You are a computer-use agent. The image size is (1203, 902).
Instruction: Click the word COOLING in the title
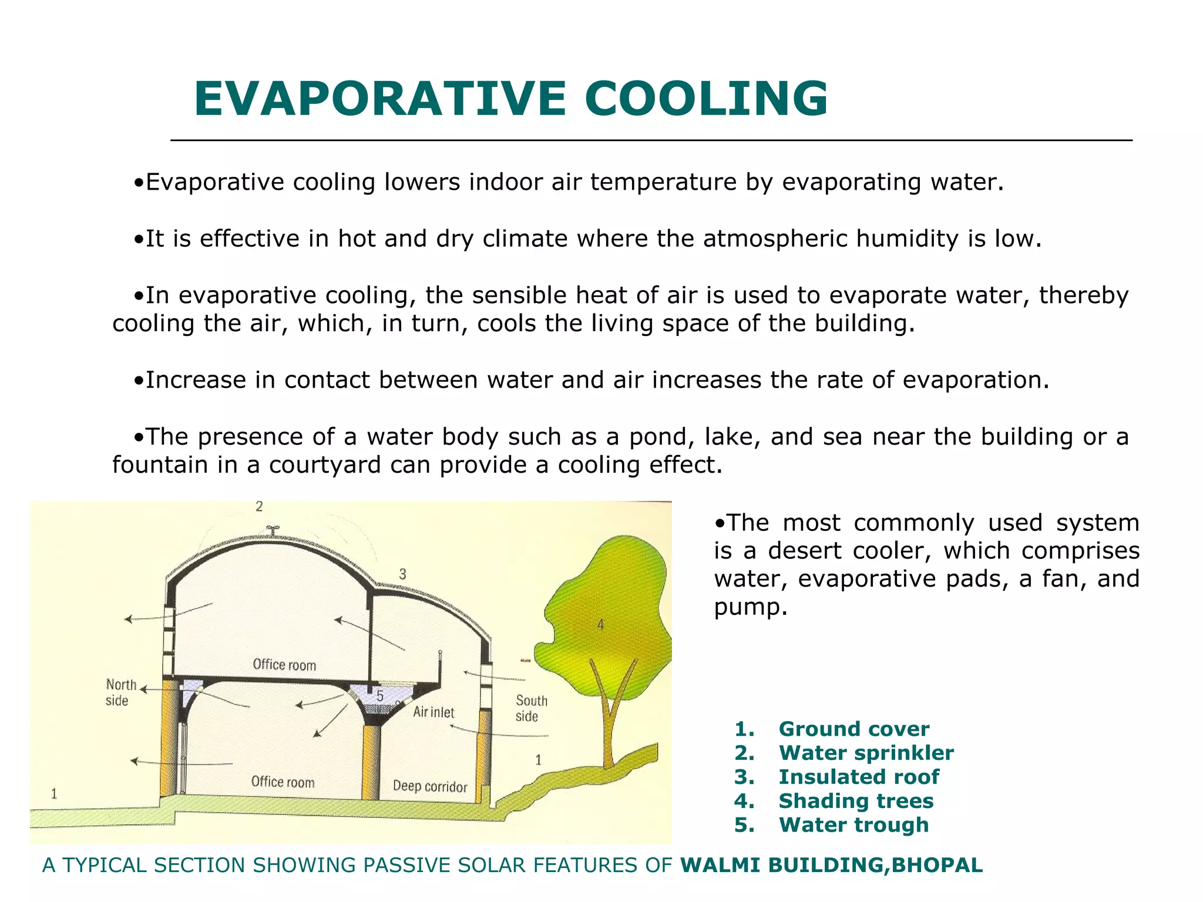coord(706,99)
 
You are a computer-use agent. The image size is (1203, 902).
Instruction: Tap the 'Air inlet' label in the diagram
coord(434,712)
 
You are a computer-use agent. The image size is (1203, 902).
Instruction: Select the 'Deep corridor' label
coord(430,786)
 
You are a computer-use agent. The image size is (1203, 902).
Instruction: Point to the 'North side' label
coord(120,692)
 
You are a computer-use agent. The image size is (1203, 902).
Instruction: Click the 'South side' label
coord(531,708)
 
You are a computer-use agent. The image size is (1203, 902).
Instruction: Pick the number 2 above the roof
coord(259,506)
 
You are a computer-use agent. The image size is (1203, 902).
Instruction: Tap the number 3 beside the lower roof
coord(402,574)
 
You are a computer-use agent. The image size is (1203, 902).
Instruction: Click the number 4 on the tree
coord(600,624)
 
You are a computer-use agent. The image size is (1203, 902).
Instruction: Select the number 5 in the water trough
coord(380,696)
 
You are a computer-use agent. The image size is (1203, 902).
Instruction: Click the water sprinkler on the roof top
coord(273,530)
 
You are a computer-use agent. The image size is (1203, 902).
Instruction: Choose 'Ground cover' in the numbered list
coord(853,729)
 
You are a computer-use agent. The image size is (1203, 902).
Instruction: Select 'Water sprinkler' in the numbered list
coord(866,753)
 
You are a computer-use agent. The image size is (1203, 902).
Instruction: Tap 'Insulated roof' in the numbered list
coord(858,777)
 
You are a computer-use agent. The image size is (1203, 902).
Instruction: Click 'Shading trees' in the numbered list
coord(855,801)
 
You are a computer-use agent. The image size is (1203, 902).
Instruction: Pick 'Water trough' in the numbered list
coord(853,825)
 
